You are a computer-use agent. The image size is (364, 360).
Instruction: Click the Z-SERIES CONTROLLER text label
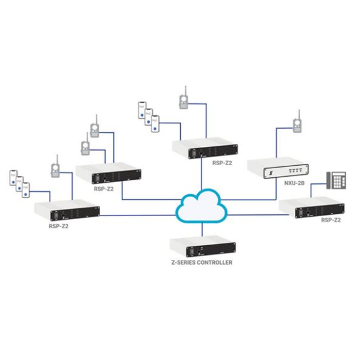201,263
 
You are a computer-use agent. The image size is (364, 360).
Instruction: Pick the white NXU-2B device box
278,169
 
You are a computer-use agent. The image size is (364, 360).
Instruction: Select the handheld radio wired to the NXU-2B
297,125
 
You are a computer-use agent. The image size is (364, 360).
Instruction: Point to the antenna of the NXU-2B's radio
297,114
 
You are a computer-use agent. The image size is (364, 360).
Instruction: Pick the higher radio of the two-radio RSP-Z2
95,128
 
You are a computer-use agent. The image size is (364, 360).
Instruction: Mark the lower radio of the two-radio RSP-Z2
85,148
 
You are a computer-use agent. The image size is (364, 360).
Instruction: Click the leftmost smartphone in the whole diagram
13,178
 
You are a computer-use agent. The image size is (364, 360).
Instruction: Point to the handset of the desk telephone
328,180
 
